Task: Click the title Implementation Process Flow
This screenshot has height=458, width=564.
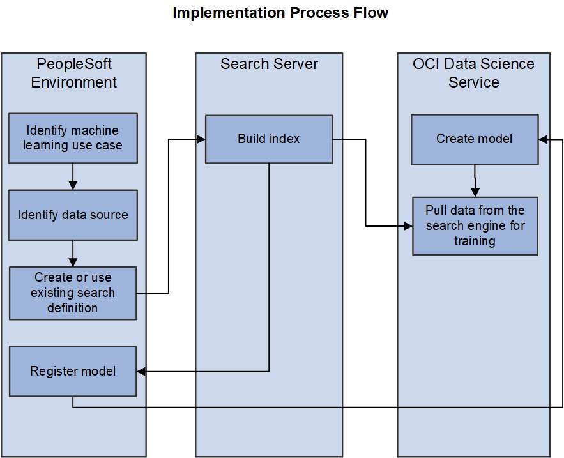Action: point(280,13)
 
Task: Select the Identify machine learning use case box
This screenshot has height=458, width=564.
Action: point(73,138)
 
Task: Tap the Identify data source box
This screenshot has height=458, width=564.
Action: point(73,215)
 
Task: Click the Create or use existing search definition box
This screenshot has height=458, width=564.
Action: point(73,293)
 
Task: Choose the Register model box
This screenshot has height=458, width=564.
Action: point(73,371)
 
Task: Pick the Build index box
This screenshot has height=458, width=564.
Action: point(268,139)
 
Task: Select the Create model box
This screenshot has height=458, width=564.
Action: point(474,139)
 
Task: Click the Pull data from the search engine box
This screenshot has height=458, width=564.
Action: point(475,225)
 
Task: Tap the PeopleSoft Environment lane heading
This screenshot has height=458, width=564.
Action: point(74,73)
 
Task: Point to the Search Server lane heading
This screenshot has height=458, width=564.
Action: point(269,64)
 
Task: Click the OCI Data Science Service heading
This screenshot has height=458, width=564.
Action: point(473,73)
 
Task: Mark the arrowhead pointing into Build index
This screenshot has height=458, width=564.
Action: point(201,139)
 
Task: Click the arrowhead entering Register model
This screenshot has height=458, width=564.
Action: point(141,371)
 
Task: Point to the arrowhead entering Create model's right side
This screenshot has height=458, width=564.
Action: point(543,139)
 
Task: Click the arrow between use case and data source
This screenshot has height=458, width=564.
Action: point(73,176)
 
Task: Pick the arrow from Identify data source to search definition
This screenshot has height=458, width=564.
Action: point(73,253)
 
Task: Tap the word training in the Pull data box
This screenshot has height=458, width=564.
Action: point(475,241)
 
